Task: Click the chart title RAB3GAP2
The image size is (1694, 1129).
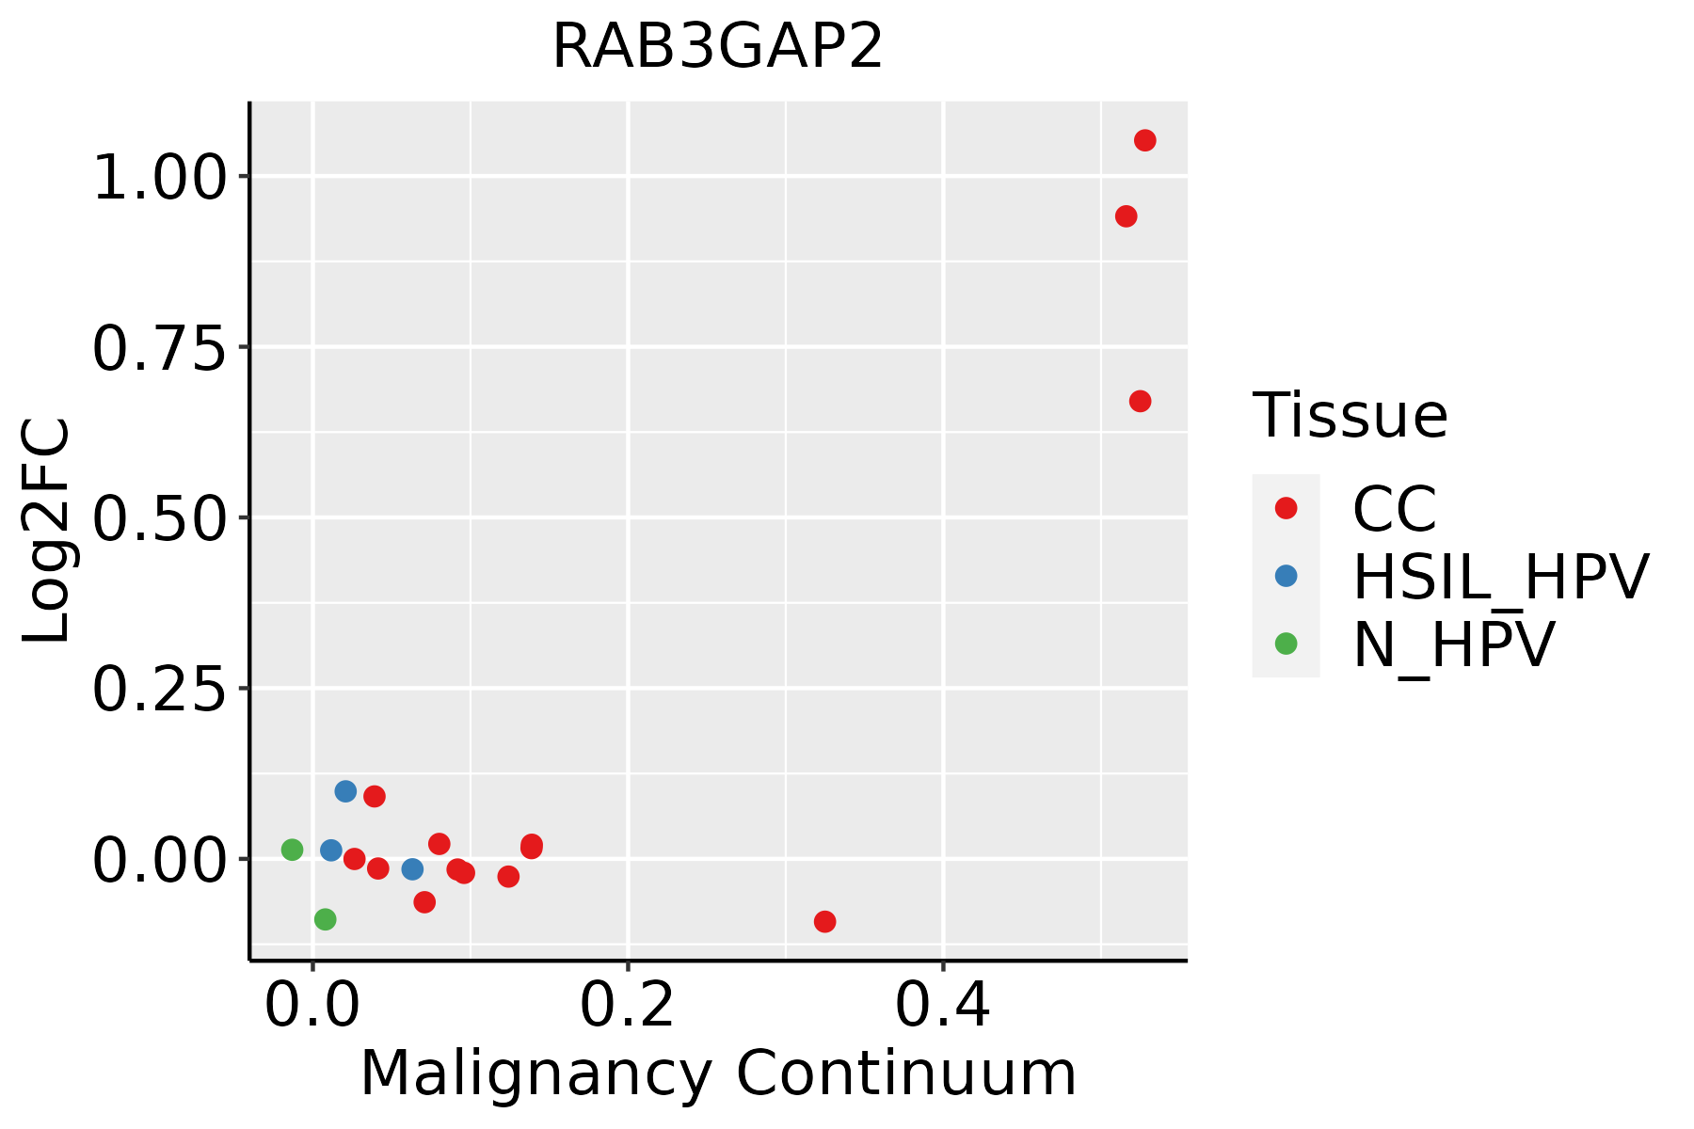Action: click(x=717, y=46)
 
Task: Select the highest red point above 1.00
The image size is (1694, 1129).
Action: click(x=1144, y=140)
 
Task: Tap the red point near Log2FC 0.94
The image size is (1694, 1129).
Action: click(x=1126, y=216)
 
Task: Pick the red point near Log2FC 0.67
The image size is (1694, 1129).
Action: click(x=1140, y=402)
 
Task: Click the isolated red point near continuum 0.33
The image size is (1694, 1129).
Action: click(x=824, y=921)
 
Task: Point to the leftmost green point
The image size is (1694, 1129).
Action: click(x=292, y=850)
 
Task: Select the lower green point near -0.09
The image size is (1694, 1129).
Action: click(x=325, y=919)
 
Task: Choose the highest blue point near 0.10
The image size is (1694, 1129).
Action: click(x=345, y=791)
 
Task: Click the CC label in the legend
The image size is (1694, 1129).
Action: click(x=1395, y=509)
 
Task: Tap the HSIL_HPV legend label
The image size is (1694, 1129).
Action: click(x=1500, y=577)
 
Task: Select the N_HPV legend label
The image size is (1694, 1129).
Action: click(x=1454, y=644)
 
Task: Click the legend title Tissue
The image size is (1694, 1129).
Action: click(x=1350, y=415)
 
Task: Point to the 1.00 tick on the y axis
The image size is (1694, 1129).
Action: click(x=160, y=177)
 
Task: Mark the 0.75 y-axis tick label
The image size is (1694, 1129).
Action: click(x=160, y=348)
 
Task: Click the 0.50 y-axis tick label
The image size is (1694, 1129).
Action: click(x=160, y=518)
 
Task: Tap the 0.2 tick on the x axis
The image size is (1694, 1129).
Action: click(x=627, y=1005)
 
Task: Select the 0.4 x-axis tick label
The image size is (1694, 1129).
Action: click(x=942, y=1005)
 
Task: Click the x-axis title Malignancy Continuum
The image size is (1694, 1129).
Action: click(x=718, y=1074)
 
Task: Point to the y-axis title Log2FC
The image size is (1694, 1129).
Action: click(x=47, y=531)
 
